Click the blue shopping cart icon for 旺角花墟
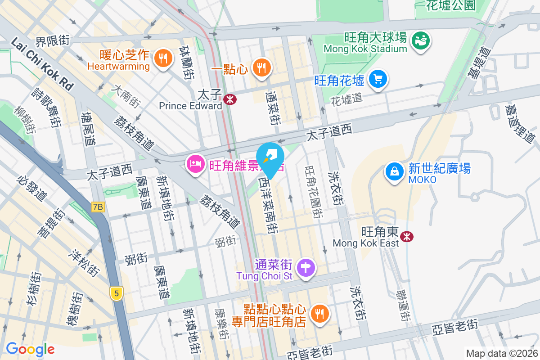tap(378, 80)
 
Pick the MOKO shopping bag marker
tap(394, 172)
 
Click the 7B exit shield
tap(98, 207)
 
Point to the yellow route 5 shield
tap(117, 294)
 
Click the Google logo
tap(30, 349)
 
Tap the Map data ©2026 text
tap(501, 354)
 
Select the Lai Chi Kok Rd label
tap(41, 64)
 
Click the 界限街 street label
tap(53, 41)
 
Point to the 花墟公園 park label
tap(451, 5)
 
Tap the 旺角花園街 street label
tap(313, 191)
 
